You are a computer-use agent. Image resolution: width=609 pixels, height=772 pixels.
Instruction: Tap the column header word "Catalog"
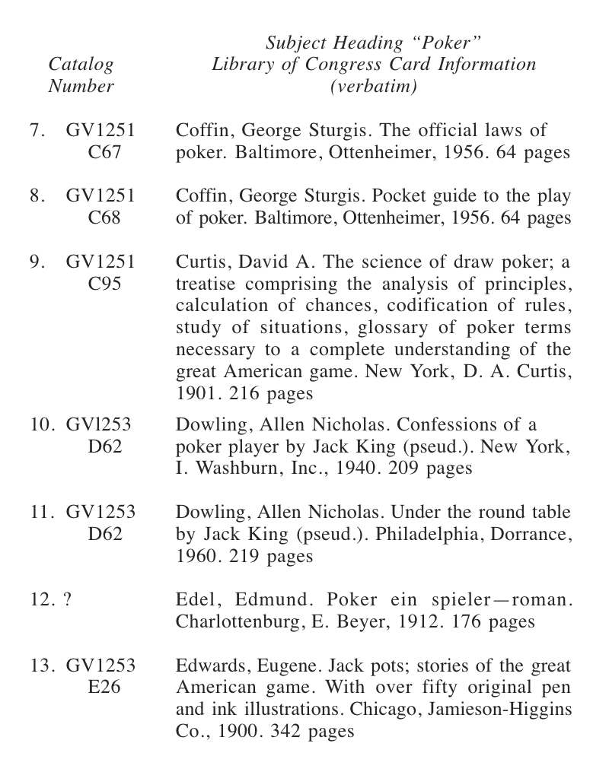81,65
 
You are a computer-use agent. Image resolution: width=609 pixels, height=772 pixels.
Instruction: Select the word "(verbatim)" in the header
374,87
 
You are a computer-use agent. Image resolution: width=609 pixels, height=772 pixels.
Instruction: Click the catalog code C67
104,153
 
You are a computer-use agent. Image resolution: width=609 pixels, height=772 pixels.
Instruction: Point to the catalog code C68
104,219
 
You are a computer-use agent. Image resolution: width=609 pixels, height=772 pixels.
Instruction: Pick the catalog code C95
104,284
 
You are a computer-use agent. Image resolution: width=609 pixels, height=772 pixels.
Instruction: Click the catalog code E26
104,688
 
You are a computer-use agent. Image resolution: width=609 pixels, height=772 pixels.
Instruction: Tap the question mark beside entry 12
68,600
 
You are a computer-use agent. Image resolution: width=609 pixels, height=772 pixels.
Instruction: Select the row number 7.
35,131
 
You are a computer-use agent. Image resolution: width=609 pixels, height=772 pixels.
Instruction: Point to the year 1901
196,394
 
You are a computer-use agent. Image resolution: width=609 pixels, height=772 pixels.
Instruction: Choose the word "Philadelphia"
464,535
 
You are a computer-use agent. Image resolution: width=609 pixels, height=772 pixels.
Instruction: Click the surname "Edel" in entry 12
196,600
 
